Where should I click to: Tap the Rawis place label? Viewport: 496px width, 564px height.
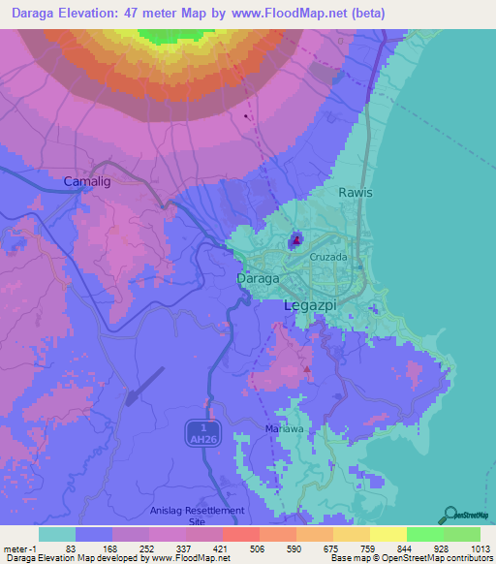tap(355, 192)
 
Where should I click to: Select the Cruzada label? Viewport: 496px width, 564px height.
tap(328, 257)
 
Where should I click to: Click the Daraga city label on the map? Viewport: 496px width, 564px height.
tap(259, 278)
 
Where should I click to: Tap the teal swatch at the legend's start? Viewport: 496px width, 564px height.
tap(57, 534)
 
